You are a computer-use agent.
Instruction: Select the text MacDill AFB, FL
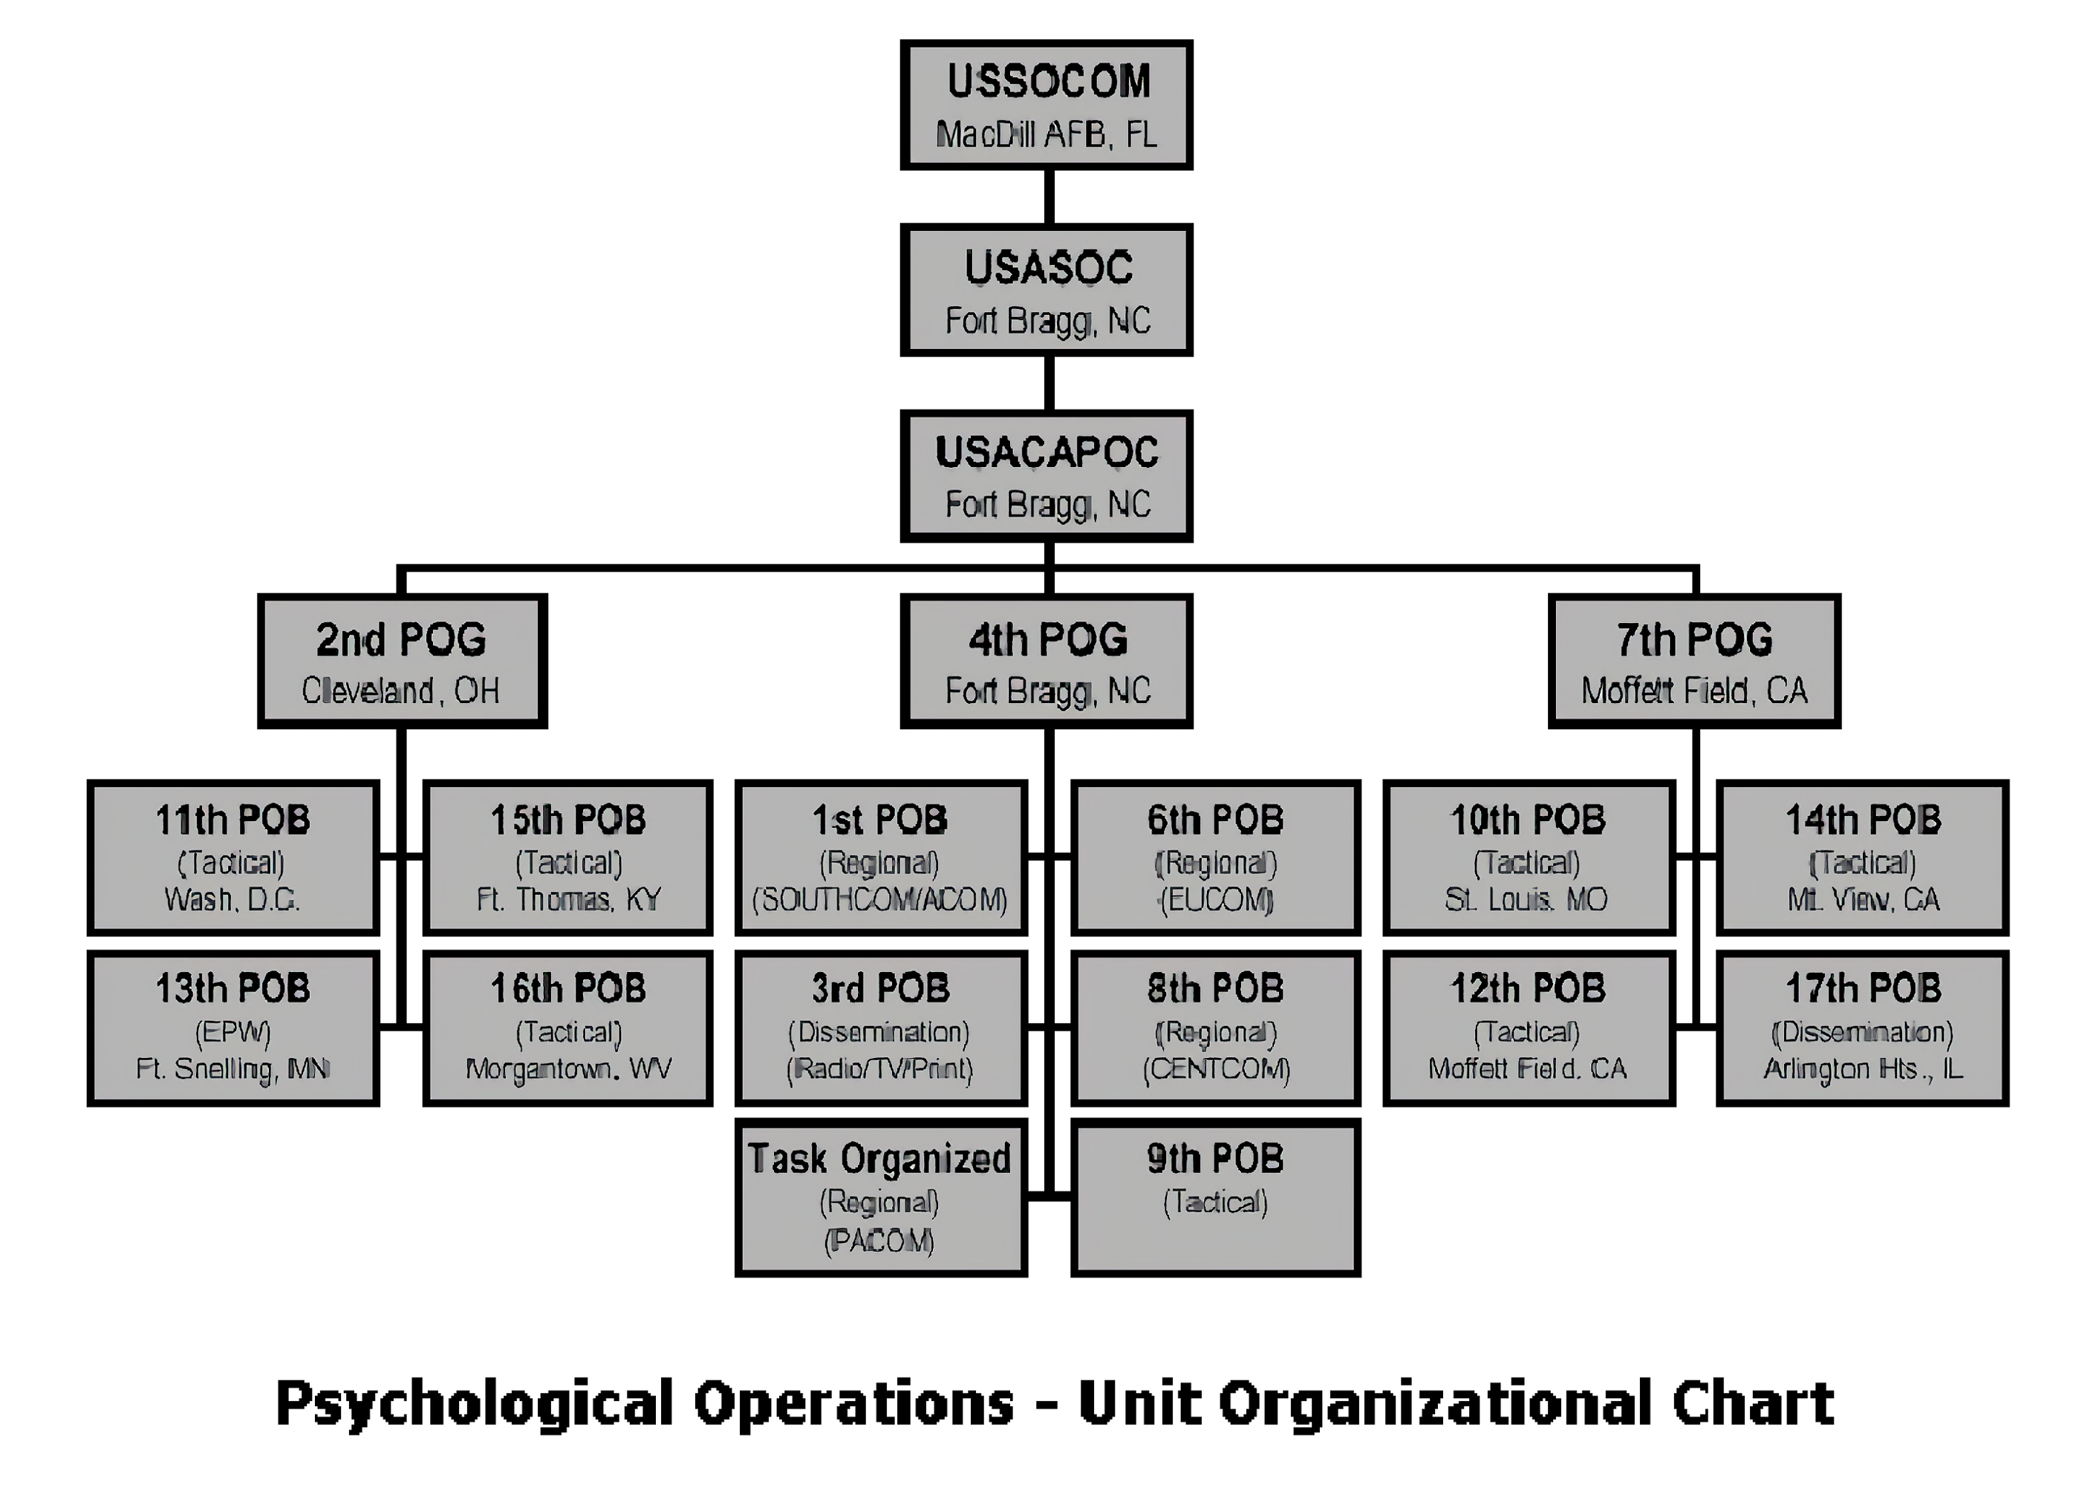[x=1047, y=135]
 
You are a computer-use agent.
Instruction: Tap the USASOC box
[x=1047, y=289]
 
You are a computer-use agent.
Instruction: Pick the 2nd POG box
[x=403, y=660]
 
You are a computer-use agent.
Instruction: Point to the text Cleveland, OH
[x=400, y=691]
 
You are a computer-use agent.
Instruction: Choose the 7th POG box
[x=1694, y=660]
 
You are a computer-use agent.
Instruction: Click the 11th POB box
[x=233, y=857]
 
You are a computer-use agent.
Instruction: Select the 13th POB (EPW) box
[x=233, y=1028]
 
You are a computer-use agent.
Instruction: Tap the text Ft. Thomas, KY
[x=568, y=900]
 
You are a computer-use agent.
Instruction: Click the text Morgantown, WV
[x=568, y=1069]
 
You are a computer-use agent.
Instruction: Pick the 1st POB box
[x=881, y=857]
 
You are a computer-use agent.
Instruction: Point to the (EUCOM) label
[x=1215, y=901]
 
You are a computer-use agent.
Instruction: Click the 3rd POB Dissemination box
[x=881, y=1028]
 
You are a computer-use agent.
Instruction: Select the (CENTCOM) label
[x=1215, y=1069]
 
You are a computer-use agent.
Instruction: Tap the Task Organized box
[x=881, y=1197]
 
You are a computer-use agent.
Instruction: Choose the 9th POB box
[x=1215, y=1197]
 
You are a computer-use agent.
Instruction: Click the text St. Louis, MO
[x=1526, y=900]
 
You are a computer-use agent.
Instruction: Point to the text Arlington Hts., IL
[x=1863, y=1069]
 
